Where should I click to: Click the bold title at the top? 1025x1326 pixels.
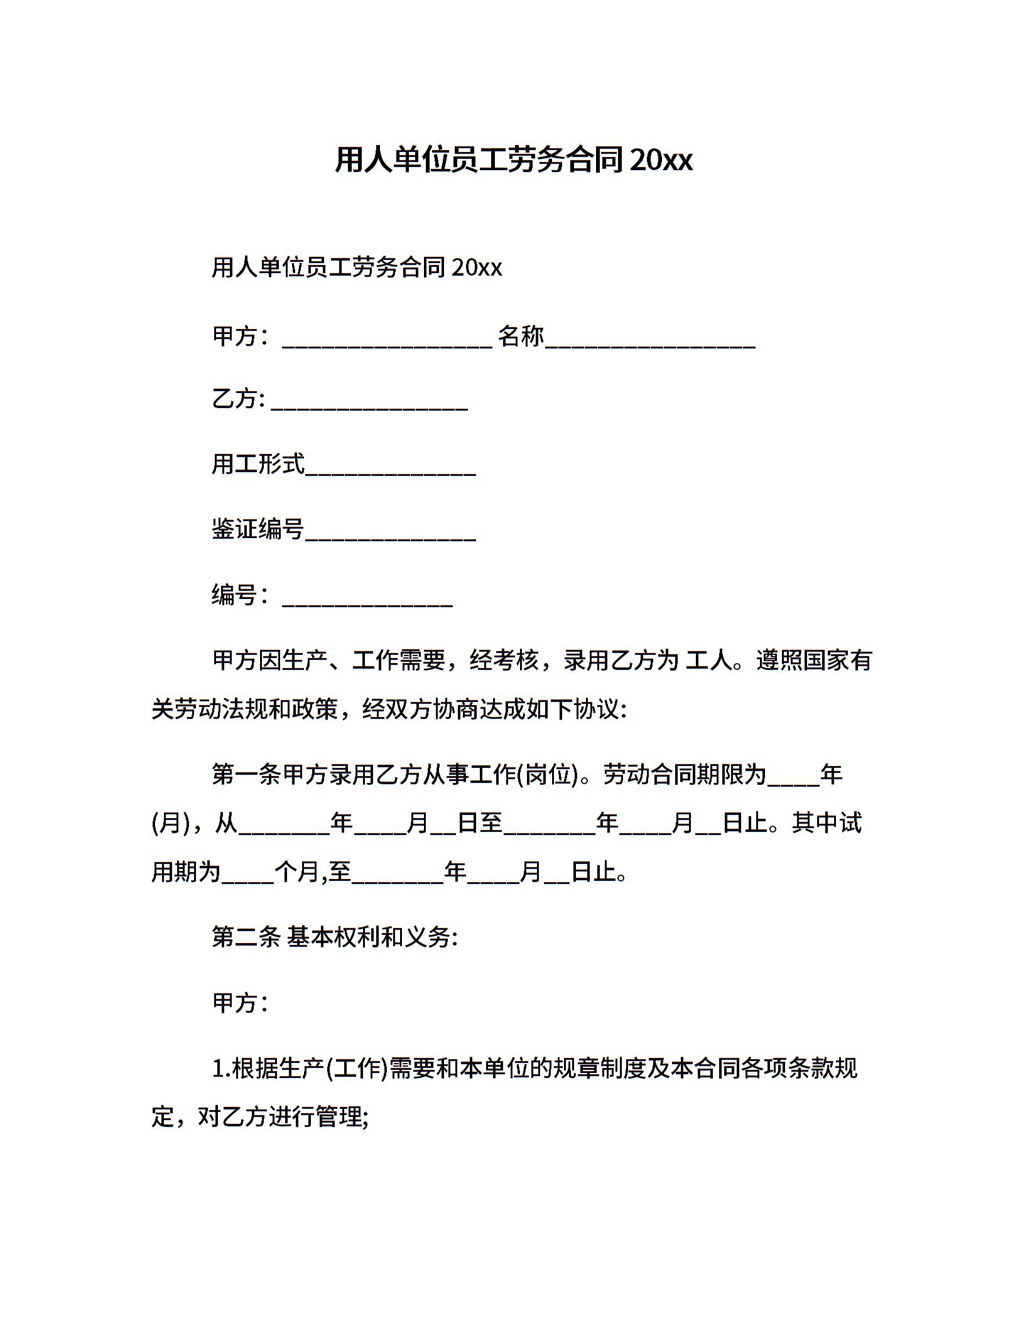coord(513,160)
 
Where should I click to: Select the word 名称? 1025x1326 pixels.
coord(521,337)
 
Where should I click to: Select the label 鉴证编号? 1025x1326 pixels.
coord(258,529)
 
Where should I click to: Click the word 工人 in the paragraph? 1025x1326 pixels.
coord(708,660)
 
